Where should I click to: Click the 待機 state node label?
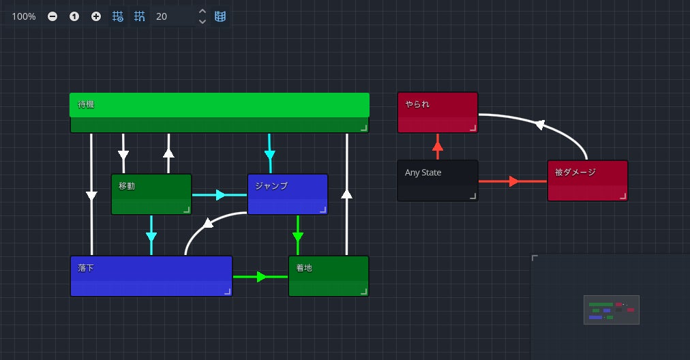[x=86, y=105]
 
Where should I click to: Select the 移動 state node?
[x=151, y=194]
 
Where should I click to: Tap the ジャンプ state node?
[x=287, y=194]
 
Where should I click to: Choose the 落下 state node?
[x=151, y=276]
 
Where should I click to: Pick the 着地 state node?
[x=328, y=276]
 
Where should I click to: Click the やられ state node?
[x=437, y=112]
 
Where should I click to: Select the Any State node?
[x=437, y=181]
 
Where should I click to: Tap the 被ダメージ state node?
[x=587, y=181]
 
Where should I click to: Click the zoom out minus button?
[x=52, y=16]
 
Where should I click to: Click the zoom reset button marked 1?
[x=74, y=16]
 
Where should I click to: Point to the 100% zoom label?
[x=24, y=16]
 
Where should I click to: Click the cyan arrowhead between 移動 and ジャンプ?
[x=220, y=195]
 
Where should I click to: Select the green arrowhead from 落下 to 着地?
[x=261, y=277]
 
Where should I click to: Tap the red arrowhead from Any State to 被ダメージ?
[x=514, y=181]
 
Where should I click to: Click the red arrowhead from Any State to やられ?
[x=438, y=145]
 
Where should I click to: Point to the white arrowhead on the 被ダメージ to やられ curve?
[x=540, y=125]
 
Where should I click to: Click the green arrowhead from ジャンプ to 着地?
[x=297, y=237]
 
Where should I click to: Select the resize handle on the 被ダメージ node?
[x=622, y=196]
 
